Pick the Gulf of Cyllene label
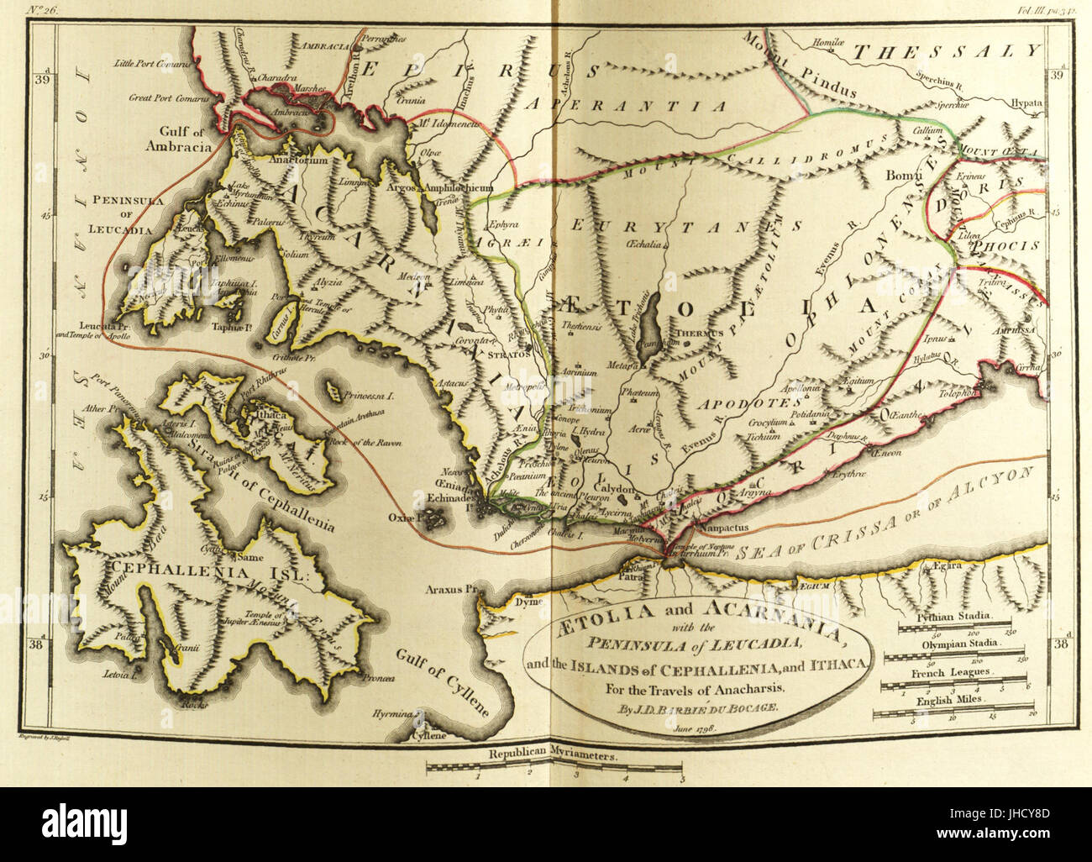coord(444,681)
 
